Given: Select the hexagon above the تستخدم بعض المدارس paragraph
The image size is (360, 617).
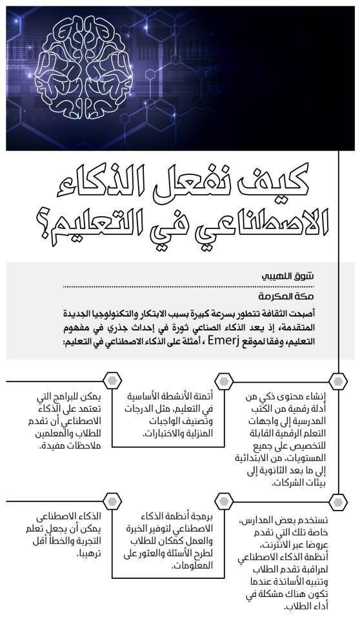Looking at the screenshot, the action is coord(336,502).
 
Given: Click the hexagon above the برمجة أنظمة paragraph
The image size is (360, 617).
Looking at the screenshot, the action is coord(223,502).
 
